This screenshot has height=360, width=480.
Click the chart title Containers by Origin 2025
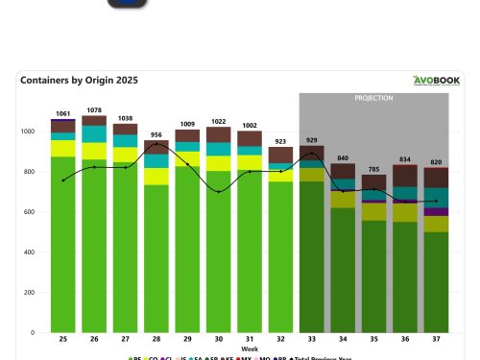coord(79,81)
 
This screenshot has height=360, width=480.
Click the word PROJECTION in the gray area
coord(374,98)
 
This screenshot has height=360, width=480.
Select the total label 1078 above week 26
coord(94,110)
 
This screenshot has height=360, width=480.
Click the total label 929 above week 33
coord(312,140)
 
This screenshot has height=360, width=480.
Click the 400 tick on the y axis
coord(37,252)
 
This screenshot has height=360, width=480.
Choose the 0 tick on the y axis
coord(41,333)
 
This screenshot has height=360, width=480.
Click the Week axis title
coord(249,348)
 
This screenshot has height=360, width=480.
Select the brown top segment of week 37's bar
coord(436,178)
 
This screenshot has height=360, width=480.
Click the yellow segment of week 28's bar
coord(156,176)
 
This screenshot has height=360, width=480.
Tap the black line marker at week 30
coord(219,192)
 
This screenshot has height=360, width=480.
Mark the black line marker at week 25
coord(63,180)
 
